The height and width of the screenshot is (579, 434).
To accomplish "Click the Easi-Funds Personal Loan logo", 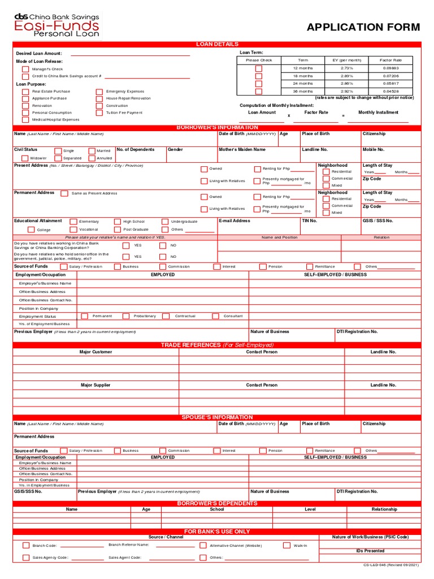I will (x=57, y=25).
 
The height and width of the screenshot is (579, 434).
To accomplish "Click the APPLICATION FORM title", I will (x=363, y=27).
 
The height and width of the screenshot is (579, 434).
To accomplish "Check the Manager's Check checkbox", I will (x=25, y=69).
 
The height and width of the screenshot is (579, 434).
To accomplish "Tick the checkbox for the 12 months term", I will (x=259, y=68).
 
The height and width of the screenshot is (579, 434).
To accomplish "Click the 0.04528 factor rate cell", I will (x=390, y=91).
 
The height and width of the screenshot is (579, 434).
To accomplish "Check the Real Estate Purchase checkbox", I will (x=25, y=91).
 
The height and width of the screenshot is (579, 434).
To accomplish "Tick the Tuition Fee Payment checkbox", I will (x=99, y=113).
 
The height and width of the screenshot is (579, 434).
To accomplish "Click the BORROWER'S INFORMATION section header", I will (x=217, y=128).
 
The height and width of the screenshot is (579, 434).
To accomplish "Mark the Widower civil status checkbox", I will (x=24, y=158).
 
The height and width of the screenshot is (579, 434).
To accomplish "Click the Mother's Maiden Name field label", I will (x=242, y=150).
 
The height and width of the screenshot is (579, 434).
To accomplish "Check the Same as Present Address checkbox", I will (x=64, y=193).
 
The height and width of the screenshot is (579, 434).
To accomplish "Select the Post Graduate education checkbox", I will (x=118, y=230).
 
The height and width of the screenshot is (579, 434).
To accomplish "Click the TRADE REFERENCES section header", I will (x=217, y=345).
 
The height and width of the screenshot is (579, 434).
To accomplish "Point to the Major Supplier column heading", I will (x=96, y=385).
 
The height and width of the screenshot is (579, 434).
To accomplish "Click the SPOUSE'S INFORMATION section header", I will (x=217, y=417).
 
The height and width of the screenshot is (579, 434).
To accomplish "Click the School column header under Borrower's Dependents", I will (x=217, y=509).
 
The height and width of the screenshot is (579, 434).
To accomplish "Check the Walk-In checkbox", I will (x=287, y=546).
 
